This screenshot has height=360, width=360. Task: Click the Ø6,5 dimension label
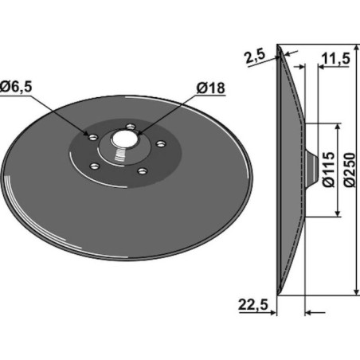(x=16, y=86)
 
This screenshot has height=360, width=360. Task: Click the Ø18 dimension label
(x=211, y=88)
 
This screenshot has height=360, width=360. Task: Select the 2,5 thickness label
(x=256, y=57)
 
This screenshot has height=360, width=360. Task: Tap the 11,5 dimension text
(x=335, y=58)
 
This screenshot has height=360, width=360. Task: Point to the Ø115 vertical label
(x=328, y=170)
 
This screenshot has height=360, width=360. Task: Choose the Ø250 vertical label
(x=349, y=170)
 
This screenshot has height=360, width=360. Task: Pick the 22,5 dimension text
(x=253, y=304)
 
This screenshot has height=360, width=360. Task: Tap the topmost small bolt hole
(x=131, y=127)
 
